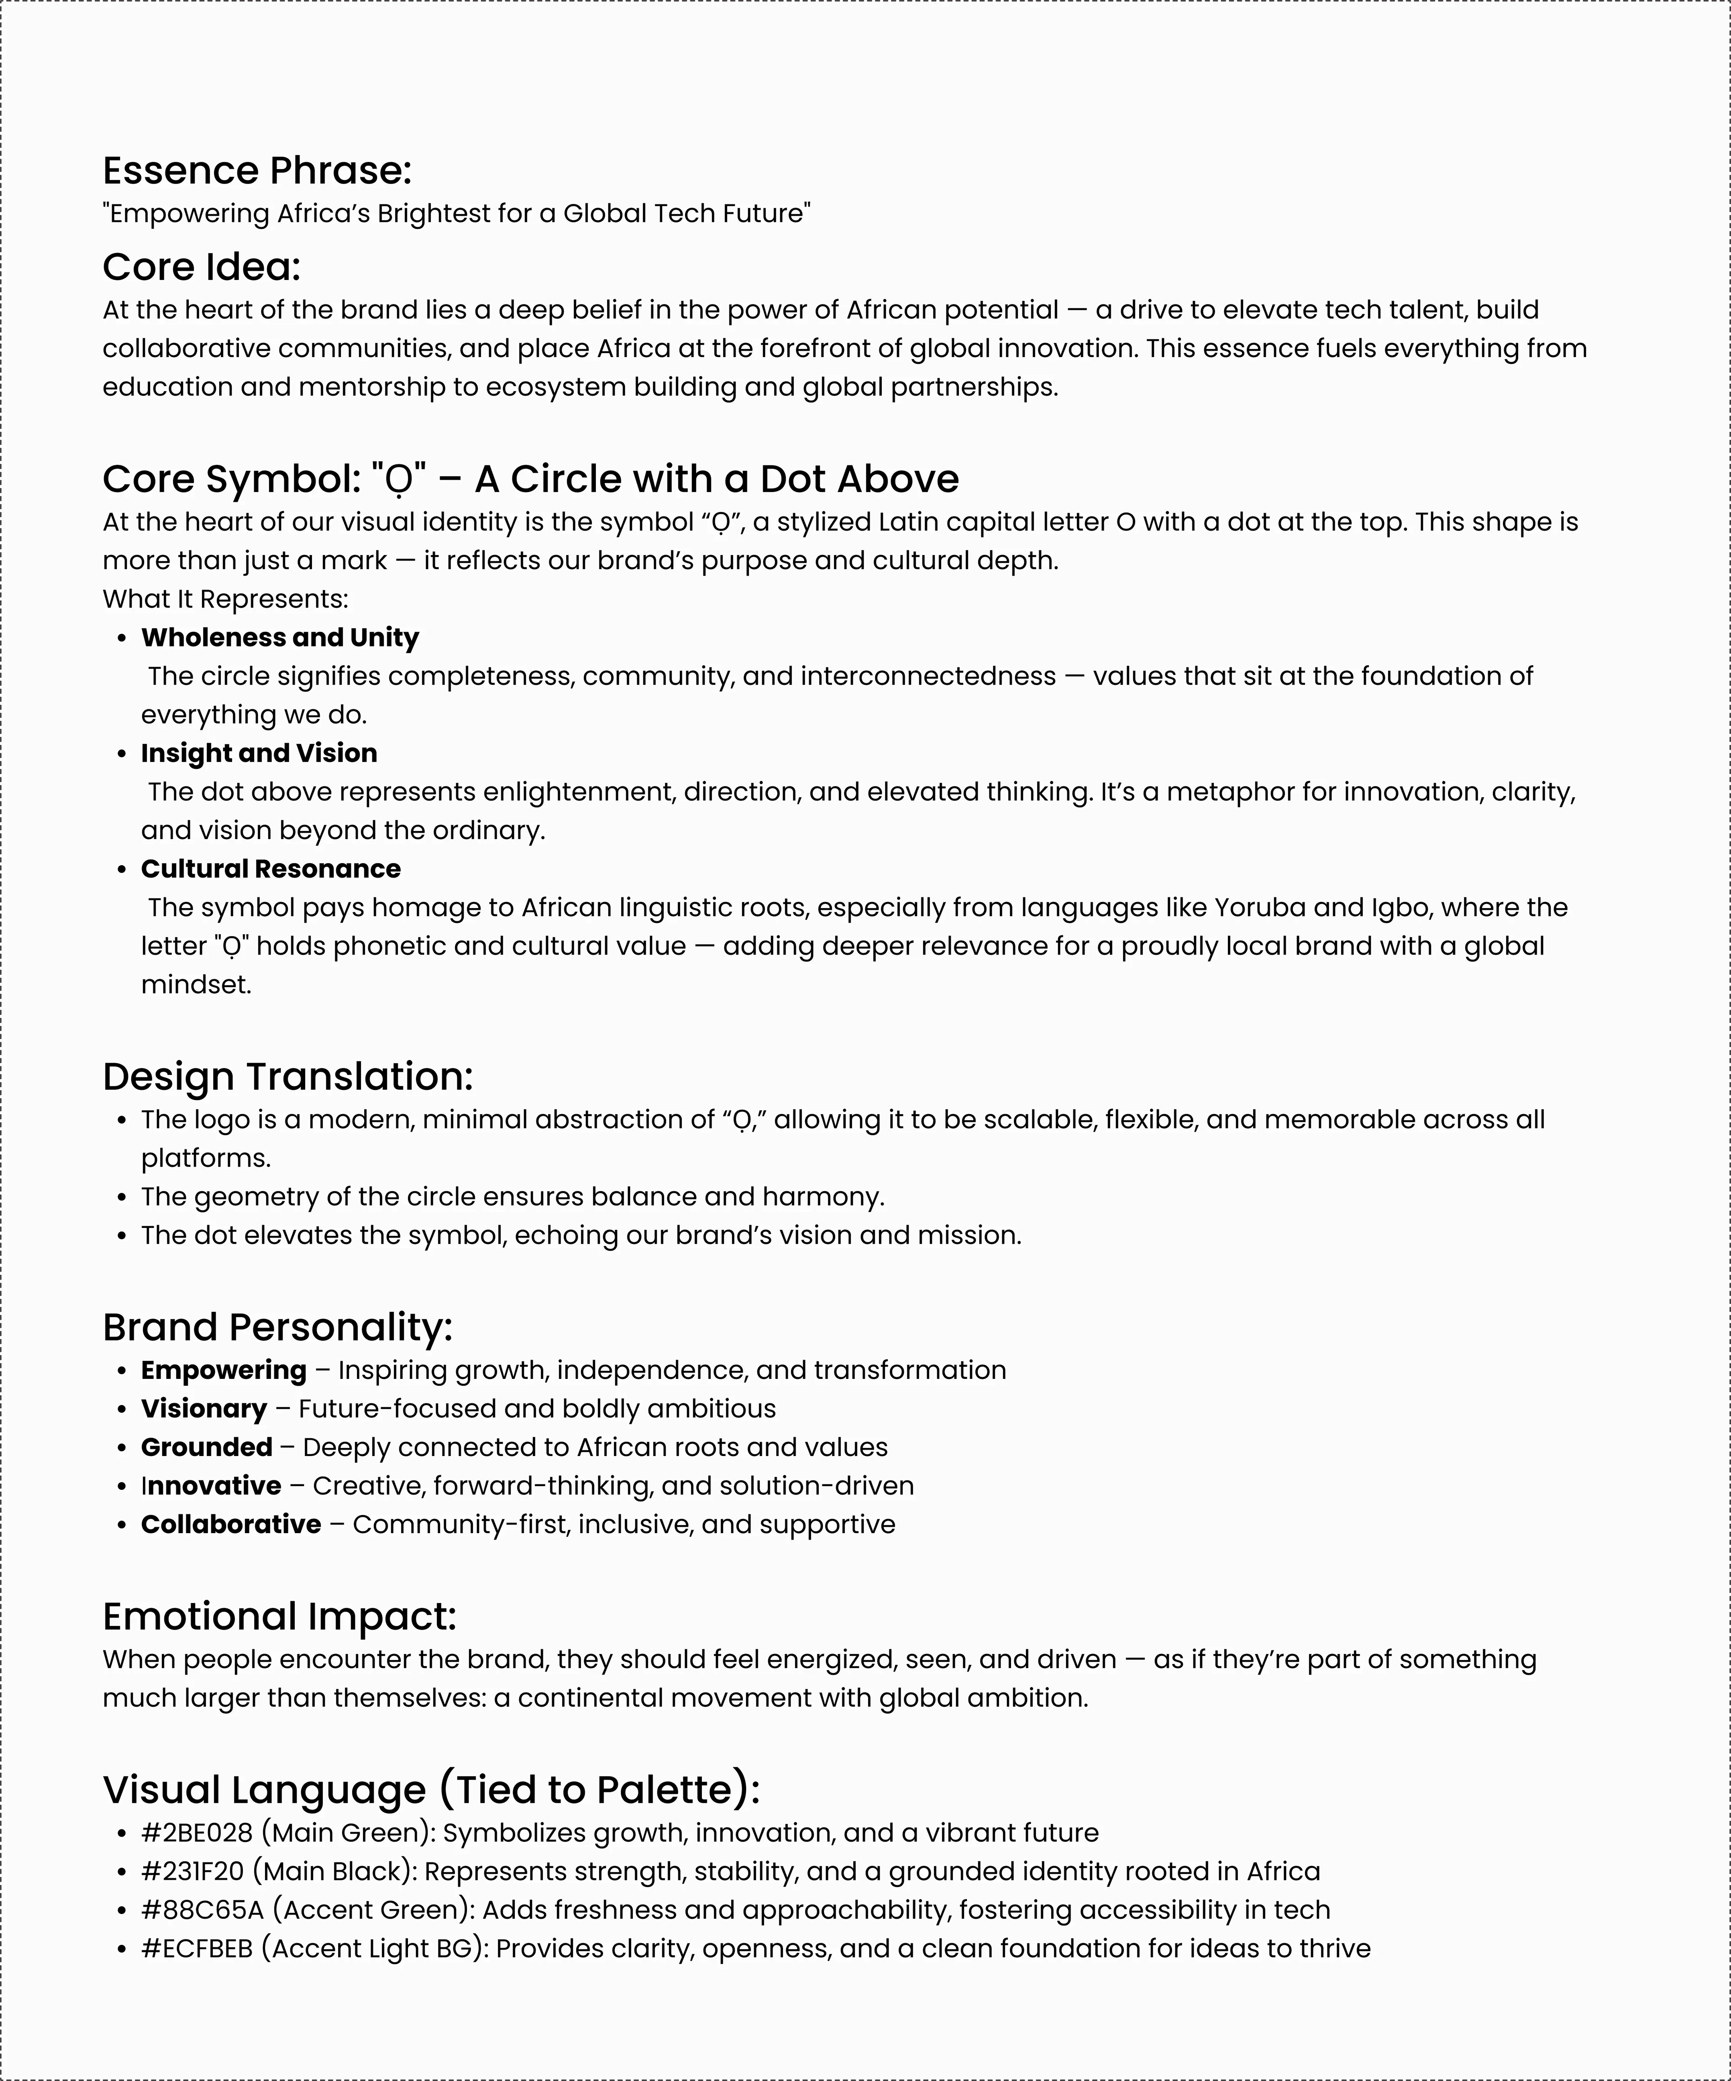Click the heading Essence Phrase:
click(256, 170)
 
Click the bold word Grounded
click(206, 1448)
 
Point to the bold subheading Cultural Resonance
click(270, 869)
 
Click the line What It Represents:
click(225, 600)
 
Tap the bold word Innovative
click(211, 1486)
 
